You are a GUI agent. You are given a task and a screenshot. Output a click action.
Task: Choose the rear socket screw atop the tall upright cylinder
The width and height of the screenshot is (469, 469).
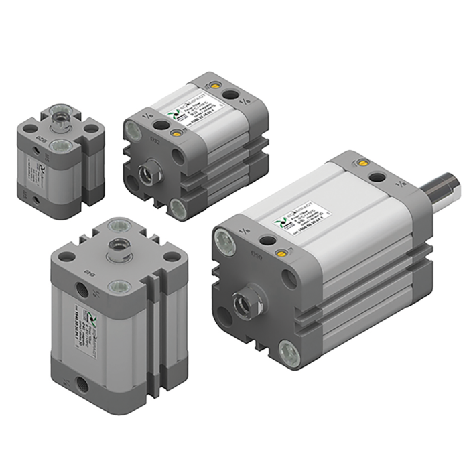point(118,224)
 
